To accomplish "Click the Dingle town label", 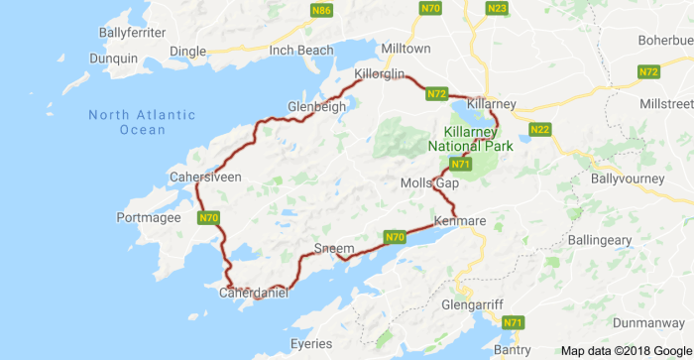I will pos(187,52).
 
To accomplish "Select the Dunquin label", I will pos(113,59).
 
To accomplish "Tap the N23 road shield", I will pos(498,9).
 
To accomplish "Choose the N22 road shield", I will pos(540,130).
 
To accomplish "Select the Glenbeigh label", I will pos(315,107).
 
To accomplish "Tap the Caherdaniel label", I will pos(253,294).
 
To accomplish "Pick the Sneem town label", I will pos(333,246).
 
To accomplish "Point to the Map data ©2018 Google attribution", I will pos(625,351).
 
